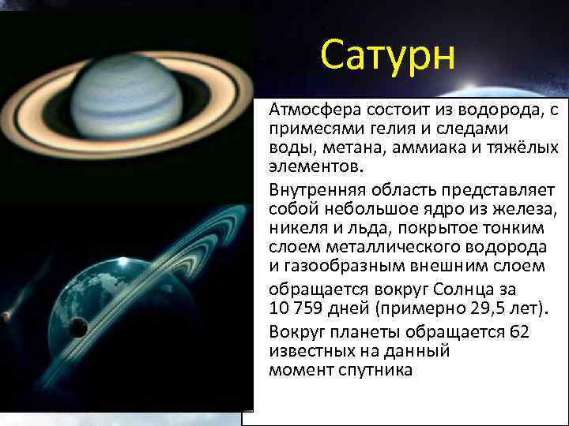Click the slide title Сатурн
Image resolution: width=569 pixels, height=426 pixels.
(388, 56)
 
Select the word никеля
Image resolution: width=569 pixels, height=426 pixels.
(299, 228)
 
